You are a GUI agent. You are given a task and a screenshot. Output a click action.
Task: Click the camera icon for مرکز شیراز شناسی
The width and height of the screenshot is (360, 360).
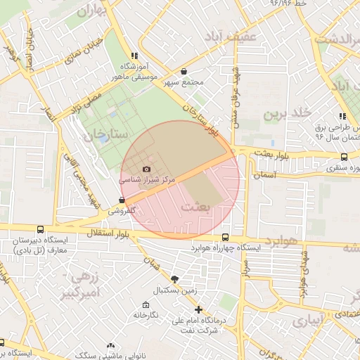(146, 169)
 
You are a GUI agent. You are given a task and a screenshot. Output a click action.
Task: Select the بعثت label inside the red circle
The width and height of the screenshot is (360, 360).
(195, 207)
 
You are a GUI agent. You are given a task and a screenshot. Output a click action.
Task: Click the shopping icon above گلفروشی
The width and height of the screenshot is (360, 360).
(122, 200)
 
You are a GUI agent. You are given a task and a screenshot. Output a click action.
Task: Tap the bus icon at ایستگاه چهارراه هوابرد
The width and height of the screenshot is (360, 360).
(225, 238)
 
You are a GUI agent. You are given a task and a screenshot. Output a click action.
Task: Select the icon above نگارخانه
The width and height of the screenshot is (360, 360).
(146, 305)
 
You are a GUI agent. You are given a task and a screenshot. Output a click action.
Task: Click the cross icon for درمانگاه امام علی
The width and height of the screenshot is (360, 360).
(198, 309)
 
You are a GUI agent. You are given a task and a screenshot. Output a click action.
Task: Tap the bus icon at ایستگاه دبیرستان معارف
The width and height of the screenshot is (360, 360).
(39, 229)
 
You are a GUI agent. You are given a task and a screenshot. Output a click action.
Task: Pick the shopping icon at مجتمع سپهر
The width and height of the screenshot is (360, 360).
(184, 71)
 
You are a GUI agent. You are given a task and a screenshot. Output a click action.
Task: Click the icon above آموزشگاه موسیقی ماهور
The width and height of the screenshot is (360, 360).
(134, 55)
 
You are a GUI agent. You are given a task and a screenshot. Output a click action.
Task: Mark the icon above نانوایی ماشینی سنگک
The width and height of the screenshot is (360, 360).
(110, 345)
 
